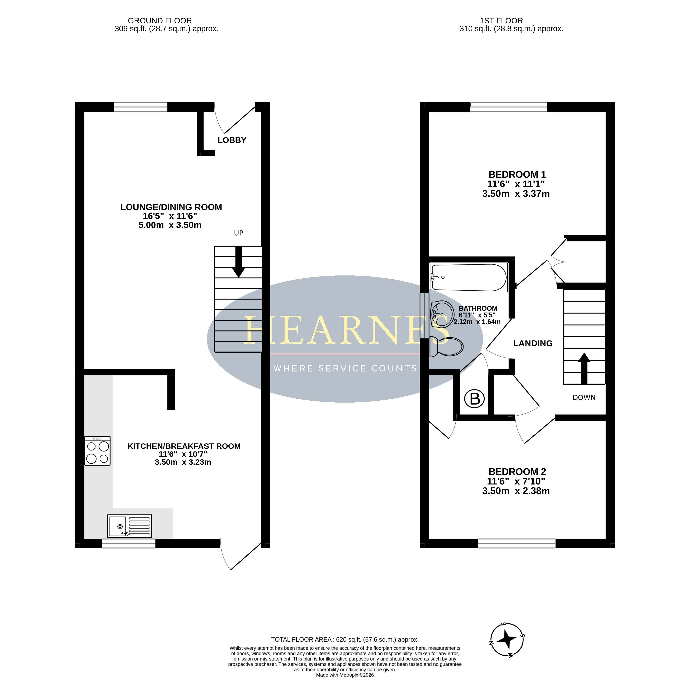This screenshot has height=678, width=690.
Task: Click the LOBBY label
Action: point(232,140)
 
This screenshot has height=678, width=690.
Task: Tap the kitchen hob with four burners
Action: point(97,451)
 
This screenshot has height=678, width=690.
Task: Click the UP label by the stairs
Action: point(238,233)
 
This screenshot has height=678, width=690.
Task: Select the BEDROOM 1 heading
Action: point(517,174)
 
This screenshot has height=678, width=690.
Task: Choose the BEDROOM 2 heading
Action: point(517,472)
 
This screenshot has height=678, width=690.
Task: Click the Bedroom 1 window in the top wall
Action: point(509,107)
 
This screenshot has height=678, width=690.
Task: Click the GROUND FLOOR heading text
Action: point(160,21)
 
